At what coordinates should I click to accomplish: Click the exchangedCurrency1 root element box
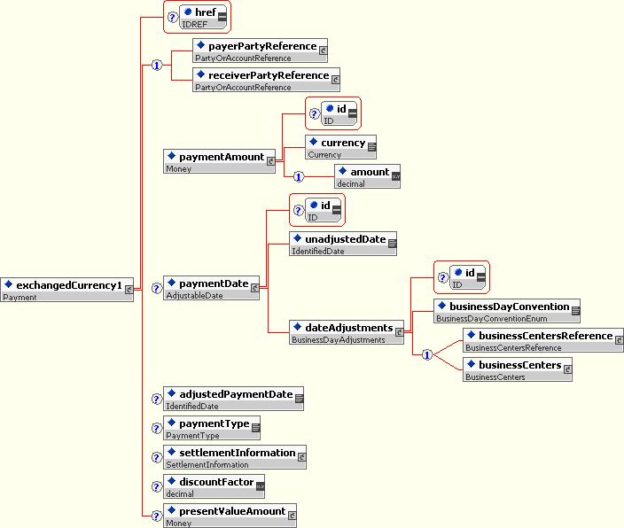pyautogui.click(x=66, y=290)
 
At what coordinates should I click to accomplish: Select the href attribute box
pyautogui.click(x=203, y=17)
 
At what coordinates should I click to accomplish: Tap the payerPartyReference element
pyautogui.click(x=261, y=50)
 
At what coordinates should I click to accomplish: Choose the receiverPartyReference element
pyautogui.click(x=266, y=80)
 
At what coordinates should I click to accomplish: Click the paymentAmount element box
pyautogui.click(x=219, y=161)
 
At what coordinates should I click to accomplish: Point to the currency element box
pyautogui.click(x=340, y=147)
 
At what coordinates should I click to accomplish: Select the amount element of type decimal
pyautogui.click(x=367, y=176)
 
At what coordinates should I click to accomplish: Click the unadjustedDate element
pyautogui.click(x=343, y=244)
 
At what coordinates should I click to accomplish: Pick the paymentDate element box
pyautogui.click(x=211, y=288)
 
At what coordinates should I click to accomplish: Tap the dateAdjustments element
pyautogui.click(x=347, y=332)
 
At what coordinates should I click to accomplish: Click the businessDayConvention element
pyautogui.click(x=507, y=311)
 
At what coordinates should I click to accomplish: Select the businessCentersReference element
pyautogui.click(x=543, y=340)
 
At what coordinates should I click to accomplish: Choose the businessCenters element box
pyautogui.click(x=518, y=369)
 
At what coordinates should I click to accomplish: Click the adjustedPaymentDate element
pyautogui.click(x=234, y=399)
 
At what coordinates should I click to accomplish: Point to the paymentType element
pyautogui.click(x=212, y=428)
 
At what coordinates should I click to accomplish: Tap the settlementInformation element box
pyautogui.click(x=235, y=457)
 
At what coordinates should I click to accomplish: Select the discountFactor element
pyautogui.click(x=214, y=486)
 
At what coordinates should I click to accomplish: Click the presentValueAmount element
pyautogui.click(x=230, y=516)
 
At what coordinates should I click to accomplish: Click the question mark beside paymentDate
pyautogui.click(x=157, y=288)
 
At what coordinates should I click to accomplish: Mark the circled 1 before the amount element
pyautogui.click(x=299, y=176)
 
